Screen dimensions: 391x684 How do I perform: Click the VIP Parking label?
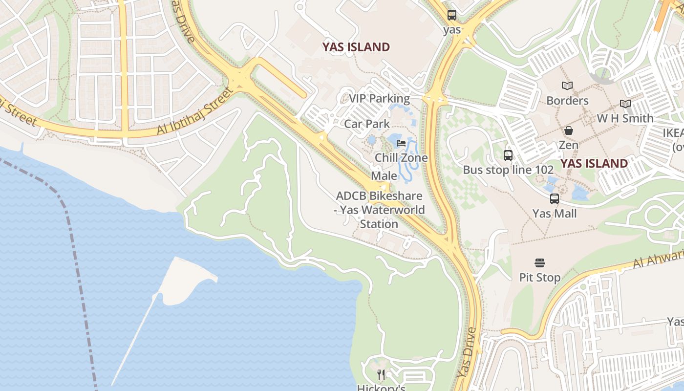click(379, 99)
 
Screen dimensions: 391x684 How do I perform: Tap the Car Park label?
click(367, 124)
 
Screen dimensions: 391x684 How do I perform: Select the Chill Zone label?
click(401, 158)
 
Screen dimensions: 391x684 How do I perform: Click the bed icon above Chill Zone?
click(401, 143)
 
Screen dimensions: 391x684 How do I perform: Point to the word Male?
click(384, 176)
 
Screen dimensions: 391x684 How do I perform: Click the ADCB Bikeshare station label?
click(379, 210)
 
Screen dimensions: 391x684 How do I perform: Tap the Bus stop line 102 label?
click(508, 170)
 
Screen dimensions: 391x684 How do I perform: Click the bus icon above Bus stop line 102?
click(508, 155)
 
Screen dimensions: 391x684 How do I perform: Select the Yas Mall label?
click(555, 214)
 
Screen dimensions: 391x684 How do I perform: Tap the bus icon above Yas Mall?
click(555, 199)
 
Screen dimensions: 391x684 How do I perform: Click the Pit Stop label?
click(540, 278)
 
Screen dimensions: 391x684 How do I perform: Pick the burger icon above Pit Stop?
click(540, 263)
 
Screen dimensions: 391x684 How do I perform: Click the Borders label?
click(567, 101)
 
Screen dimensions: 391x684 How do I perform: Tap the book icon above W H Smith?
click(625, 104)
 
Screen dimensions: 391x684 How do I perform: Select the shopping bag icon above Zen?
click(569, 130)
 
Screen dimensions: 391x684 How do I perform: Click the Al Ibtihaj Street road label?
click(195, 111)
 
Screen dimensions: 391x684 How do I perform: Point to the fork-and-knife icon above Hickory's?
click(381, 375)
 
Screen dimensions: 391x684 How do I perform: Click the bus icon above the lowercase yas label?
click(452, 15)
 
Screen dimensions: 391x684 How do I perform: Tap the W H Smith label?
click(625, 118)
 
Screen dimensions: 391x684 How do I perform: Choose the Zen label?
click(569, 145)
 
